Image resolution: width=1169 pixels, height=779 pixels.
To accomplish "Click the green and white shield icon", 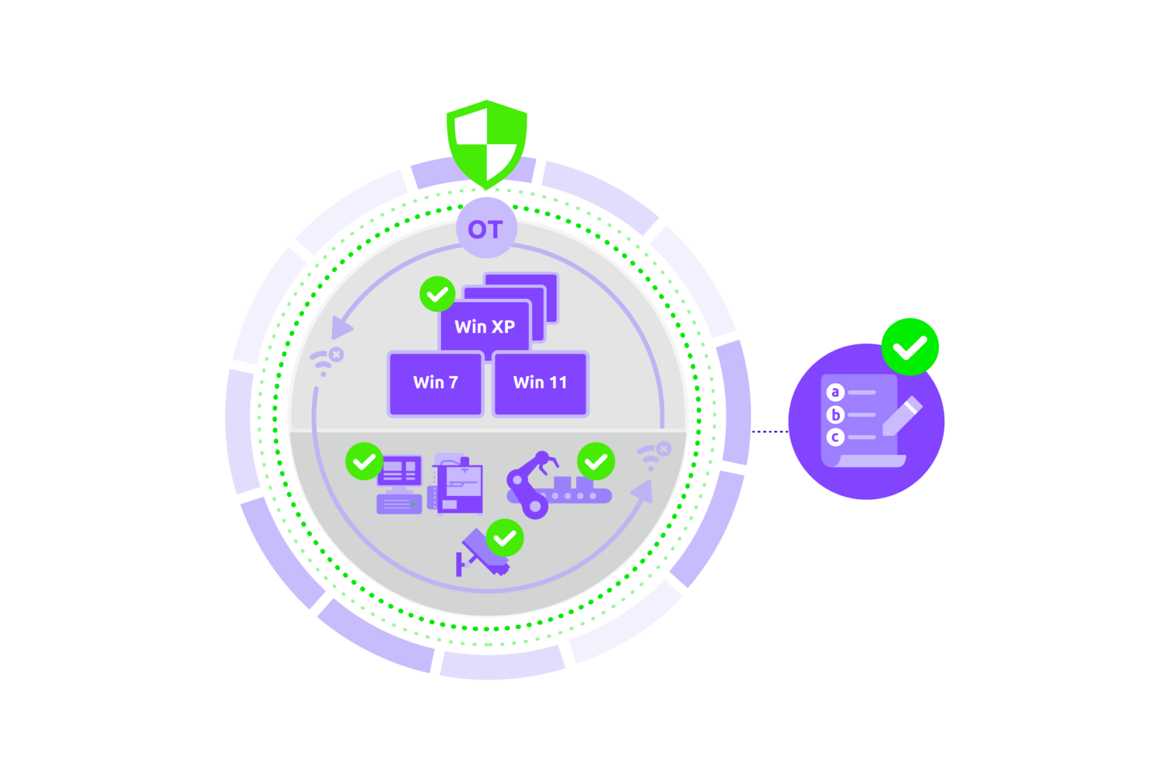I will (487, 144).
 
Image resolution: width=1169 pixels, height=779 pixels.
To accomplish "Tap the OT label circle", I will (486, 229).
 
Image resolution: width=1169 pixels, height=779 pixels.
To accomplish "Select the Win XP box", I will (485, 326).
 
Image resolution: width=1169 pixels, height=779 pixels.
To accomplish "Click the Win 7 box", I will (436, 383).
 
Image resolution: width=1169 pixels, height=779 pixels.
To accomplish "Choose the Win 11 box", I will (540, 383).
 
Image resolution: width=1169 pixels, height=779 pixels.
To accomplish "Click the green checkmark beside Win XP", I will (437, 295).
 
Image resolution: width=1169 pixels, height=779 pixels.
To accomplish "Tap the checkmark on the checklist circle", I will (910, 347).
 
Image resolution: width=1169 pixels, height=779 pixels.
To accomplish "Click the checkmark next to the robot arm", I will (596, 462).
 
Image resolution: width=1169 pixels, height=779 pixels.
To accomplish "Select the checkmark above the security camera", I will (505, 538).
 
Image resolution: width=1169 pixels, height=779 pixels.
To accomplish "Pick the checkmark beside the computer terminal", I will (364, 462).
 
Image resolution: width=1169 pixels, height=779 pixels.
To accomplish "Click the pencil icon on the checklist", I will (902, 416).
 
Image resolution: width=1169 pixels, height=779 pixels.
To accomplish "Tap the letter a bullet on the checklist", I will (835, 392).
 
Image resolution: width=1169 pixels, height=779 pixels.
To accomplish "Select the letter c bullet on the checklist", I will (835, 438).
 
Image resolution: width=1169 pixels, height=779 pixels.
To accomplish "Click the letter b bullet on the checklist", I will (835, 415).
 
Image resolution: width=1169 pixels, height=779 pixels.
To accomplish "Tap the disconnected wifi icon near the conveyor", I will (653, 455).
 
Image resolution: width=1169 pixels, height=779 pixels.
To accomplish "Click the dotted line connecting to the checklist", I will (770, 432).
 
